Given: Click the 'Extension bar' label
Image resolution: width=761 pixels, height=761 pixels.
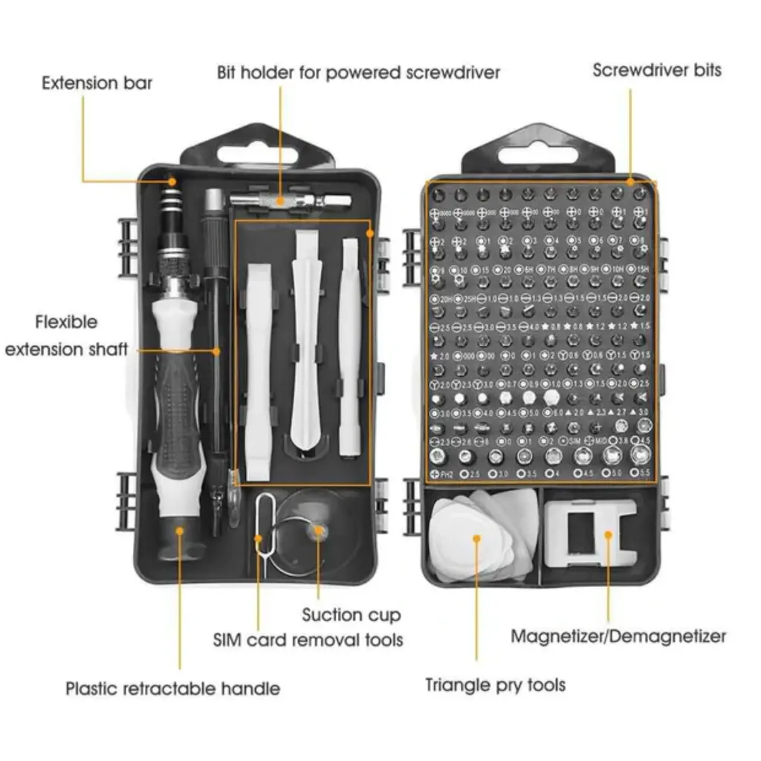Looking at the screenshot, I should (97, 82).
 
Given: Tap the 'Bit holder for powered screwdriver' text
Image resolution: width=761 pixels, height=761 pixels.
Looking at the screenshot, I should (358, 72).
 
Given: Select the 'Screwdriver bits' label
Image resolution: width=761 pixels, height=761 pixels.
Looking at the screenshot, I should (657, 71).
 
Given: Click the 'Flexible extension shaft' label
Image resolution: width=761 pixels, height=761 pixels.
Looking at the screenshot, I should (66, 336).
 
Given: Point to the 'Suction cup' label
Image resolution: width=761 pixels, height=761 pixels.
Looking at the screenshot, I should (351, 615).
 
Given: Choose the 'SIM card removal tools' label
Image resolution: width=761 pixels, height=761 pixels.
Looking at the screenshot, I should (308, 639).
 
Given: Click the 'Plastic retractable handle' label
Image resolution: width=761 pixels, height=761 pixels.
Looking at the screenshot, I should (172, 688).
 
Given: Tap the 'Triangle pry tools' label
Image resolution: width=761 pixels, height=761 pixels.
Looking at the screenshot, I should (495, 684).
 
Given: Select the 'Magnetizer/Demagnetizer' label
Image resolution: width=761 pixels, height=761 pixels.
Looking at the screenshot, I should (618, 636).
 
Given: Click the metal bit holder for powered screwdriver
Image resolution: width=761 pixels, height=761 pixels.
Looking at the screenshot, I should (290, 201).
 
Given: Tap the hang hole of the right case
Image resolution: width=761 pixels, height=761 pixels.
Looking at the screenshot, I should (538, 155).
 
